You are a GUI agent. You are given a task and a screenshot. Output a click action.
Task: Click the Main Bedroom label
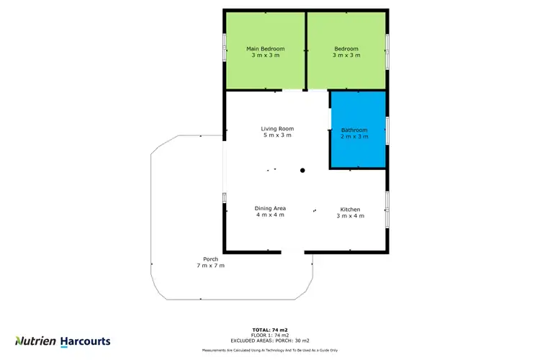coord(266,49)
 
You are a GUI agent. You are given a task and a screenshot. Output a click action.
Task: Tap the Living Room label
coord(277,129)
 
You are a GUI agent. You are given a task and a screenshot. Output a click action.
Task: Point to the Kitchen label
coord(351,210)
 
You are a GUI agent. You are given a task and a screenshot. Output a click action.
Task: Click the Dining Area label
coord(271,208)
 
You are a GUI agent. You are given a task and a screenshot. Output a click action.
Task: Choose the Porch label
coord(210,259)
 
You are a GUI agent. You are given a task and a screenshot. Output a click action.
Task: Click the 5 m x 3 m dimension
coord(277,135)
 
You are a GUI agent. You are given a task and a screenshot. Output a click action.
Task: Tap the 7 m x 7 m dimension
coord(210,266)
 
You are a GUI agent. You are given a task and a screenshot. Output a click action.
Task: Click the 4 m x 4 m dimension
coord(271,215)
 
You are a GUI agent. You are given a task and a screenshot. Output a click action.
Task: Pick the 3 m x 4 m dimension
coord(351,215)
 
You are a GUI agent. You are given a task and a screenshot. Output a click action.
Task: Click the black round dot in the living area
coord(303,171)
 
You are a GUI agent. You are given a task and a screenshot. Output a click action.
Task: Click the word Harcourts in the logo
coord(85,341)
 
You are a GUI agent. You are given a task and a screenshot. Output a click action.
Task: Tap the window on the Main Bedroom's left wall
coord(225,50)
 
